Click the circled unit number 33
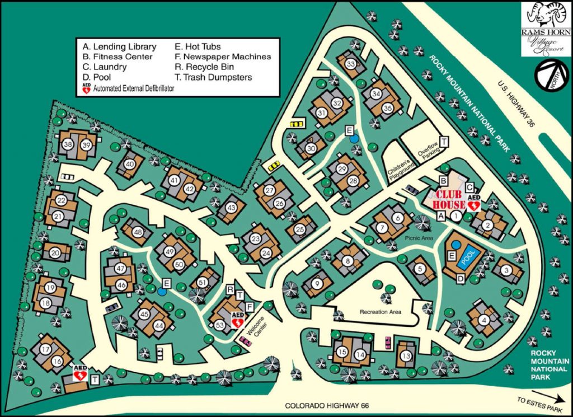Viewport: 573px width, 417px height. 351,64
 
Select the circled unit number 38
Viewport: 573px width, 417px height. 68,144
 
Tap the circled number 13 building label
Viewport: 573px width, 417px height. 407,357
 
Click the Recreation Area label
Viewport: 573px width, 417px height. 382,311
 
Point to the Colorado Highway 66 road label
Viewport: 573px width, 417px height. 327,406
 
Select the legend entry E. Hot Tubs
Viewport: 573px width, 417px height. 198,47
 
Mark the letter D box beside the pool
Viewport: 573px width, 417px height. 461,278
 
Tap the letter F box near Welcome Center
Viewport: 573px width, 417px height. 250,306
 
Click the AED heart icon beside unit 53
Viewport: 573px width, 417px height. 237,322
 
